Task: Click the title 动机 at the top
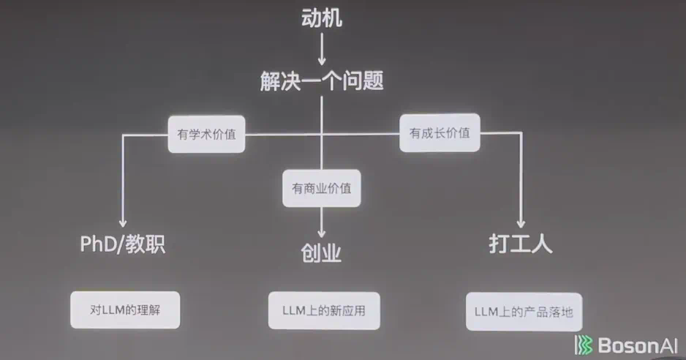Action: (322, 19)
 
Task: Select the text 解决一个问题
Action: (322, 80)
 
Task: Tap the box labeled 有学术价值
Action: (206, 135)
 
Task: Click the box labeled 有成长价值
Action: (440, 133)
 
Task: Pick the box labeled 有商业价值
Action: (322, 188)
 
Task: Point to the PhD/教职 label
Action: (123, 244)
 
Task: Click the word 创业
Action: (322, 253)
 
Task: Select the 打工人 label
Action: (521, 244)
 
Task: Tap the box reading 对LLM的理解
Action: (125, 310)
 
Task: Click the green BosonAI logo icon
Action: (583, 345)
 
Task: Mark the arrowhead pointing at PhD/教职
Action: (123, 222)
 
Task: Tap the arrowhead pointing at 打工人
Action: (521, 222)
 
